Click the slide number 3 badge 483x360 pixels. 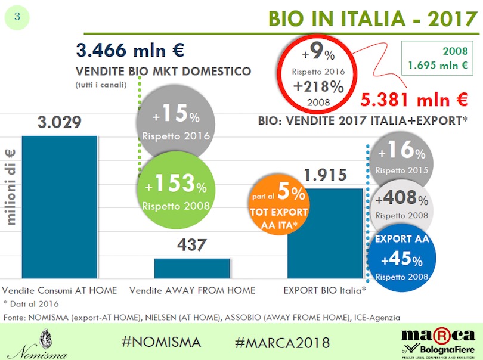point(17,17)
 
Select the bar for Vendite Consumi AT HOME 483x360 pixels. point(58,206)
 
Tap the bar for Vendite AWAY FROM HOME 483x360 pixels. point(191,268)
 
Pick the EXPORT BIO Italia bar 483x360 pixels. point(324,232)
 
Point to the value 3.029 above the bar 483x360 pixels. point(58,124)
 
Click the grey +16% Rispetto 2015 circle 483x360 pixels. point(401,157)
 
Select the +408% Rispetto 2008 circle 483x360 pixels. point(401,204)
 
